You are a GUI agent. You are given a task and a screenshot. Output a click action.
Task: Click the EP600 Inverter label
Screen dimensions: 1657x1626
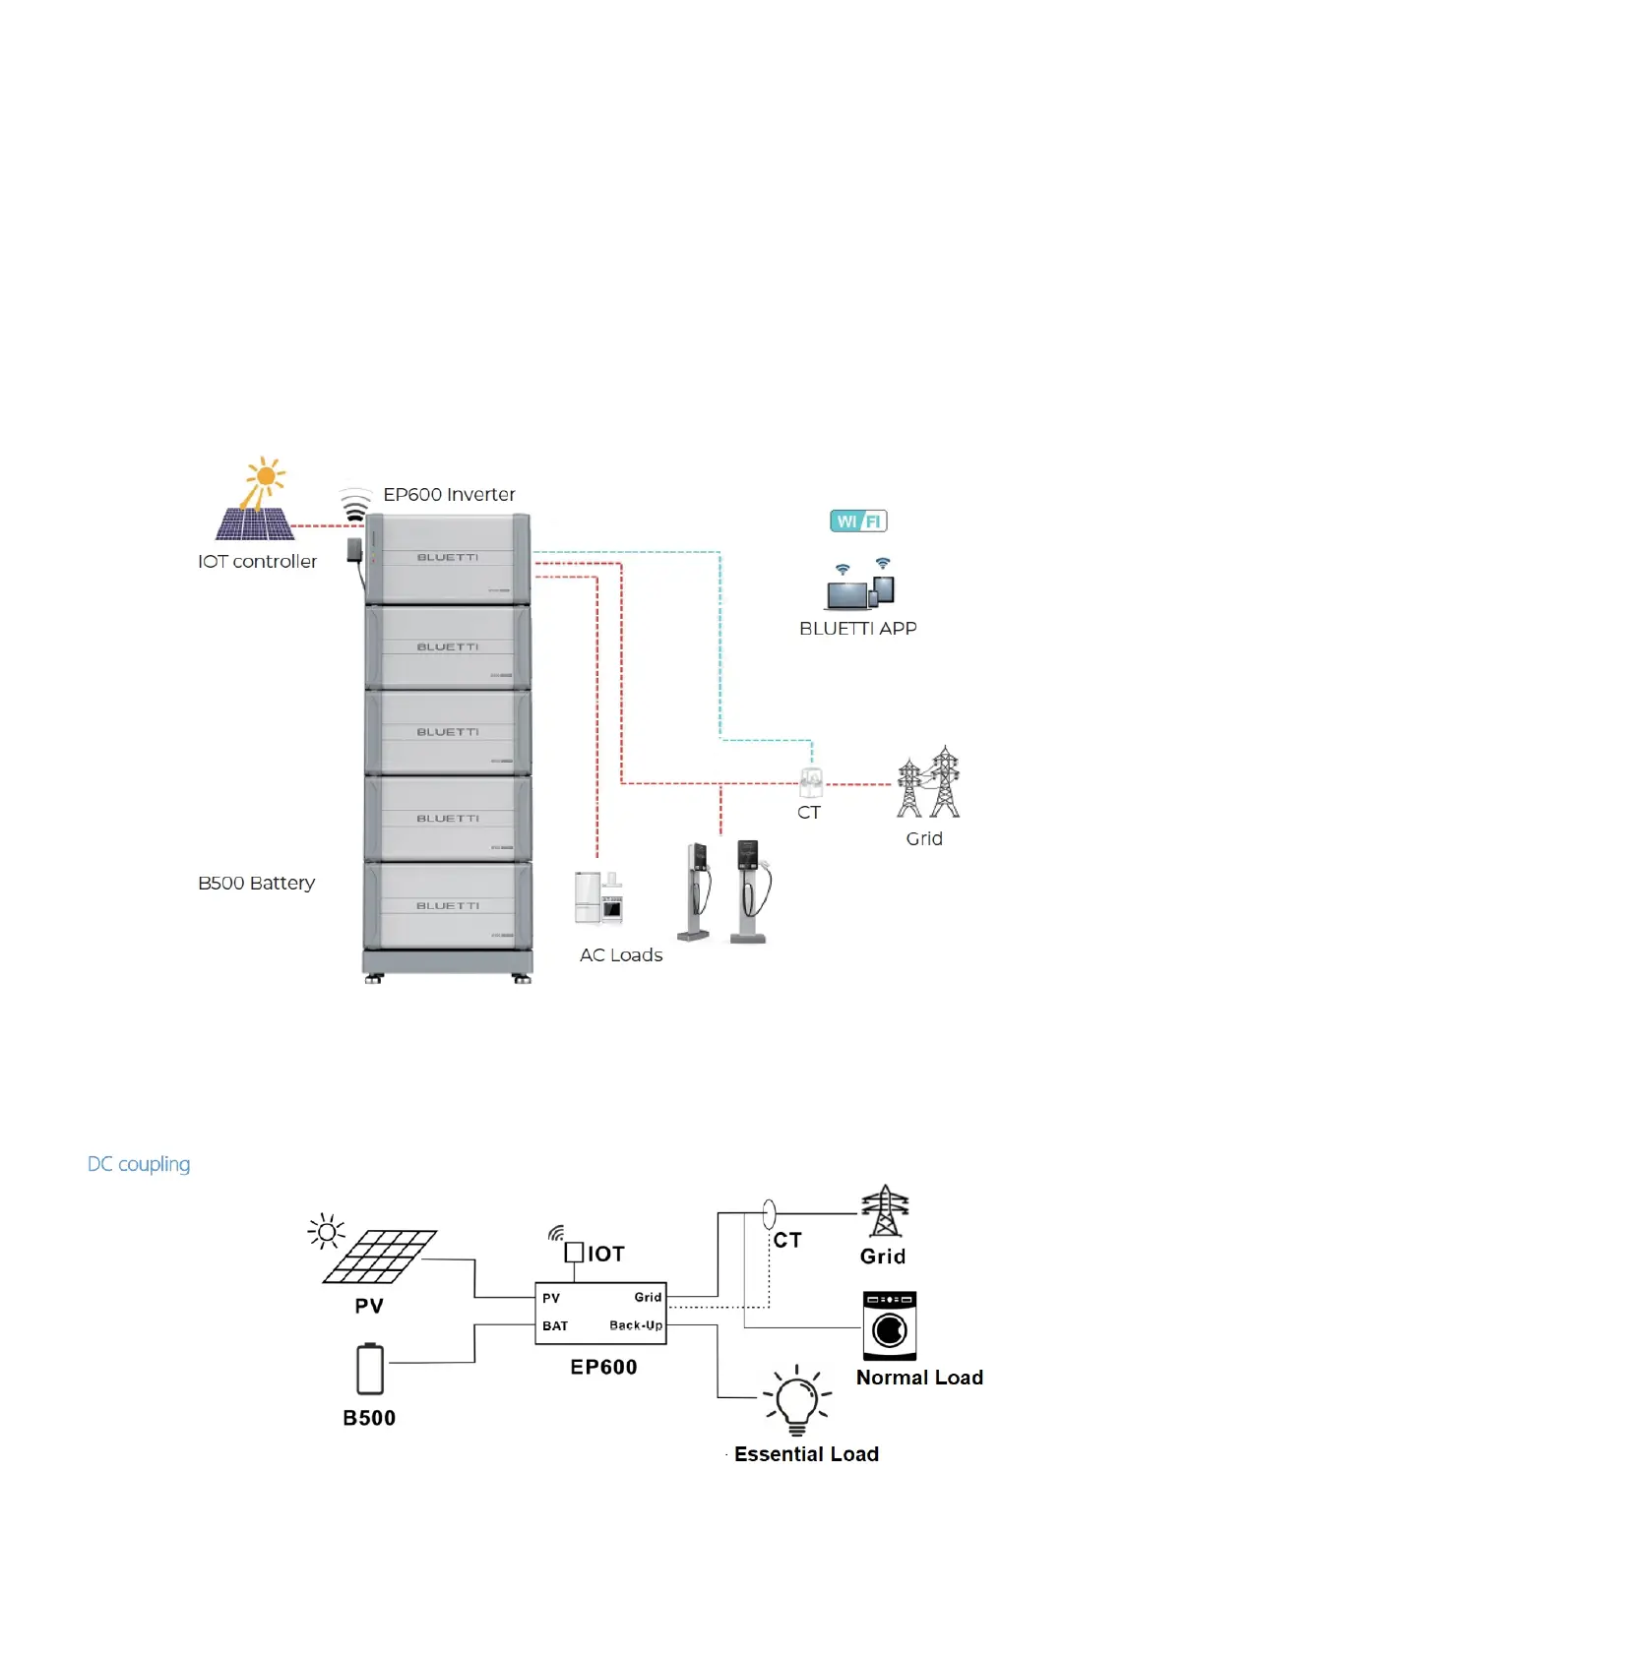coord(449,494)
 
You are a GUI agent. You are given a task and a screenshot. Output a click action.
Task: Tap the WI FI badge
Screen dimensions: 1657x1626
coord(858,522)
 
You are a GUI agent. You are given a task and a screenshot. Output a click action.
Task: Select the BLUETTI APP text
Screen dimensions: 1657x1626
coord(857,629)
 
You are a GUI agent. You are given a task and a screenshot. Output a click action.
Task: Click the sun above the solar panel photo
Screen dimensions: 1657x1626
coord(265,478)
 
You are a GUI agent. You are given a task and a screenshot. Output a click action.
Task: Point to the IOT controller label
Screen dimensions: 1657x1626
coord(257,562)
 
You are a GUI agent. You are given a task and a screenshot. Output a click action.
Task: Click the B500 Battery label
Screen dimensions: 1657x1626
coord(256,883)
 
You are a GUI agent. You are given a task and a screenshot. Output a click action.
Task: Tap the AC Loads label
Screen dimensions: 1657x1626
coord(620,955)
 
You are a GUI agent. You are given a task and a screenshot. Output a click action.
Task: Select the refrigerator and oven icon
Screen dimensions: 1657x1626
coord(598,896)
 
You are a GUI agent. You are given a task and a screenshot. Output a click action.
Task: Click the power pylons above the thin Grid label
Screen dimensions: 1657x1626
coord(928,783)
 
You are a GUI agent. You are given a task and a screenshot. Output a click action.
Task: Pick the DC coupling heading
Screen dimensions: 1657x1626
coord(139,1164)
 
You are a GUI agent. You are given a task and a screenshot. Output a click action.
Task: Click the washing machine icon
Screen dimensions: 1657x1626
coord(889,1325)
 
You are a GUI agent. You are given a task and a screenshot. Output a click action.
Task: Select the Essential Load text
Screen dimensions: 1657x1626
coord(806,1454)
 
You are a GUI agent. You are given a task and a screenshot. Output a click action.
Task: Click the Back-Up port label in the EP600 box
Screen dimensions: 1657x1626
coord(635,1325)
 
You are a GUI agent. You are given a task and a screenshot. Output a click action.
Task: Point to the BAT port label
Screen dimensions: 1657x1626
coord(555,1326)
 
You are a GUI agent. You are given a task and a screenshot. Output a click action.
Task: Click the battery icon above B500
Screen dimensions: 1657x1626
coord(370,1369)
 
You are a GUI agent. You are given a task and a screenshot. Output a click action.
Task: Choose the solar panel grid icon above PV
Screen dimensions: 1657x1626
coord(380,1257)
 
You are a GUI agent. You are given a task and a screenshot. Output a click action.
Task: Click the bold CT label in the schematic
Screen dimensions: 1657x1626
coord(787,1241)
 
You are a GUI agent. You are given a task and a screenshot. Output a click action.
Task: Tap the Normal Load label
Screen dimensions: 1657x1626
coord(919,1378)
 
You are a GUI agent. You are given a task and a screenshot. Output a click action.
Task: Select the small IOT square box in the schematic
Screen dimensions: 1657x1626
coord(574,1253)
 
